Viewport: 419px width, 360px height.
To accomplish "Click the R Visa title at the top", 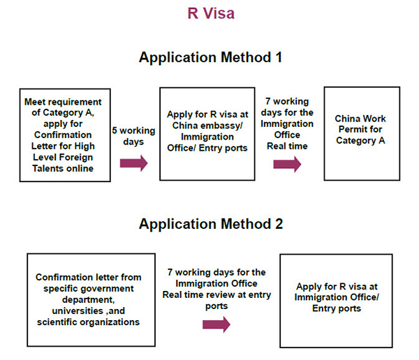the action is coord(211,13).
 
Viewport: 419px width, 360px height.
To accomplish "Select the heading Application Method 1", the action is coord(210,57).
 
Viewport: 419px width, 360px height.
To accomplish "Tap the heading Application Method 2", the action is coord(211,223).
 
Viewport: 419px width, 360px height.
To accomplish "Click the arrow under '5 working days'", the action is coord(133,163).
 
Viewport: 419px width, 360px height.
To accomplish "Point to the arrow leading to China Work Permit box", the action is coord(287,164).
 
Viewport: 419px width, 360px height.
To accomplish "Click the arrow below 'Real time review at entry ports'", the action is coord(216,324).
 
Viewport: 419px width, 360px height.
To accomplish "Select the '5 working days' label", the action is coord(133,136).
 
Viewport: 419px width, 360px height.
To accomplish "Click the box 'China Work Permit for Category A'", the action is coord(362,133).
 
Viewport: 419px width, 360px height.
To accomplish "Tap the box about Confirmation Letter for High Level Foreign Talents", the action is coord(65,135).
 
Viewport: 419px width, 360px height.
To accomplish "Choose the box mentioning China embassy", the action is coord(207,134).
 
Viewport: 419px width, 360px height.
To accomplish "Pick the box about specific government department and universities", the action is coord(91,300).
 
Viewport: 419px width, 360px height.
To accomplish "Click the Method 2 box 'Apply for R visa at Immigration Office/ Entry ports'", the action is coord(336,301).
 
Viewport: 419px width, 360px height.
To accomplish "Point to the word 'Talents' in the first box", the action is coord(47,169).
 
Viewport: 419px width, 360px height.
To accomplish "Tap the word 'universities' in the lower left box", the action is coord(78,311).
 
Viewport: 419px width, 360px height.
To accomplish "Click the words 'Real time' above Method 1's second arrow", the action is coord(287,146).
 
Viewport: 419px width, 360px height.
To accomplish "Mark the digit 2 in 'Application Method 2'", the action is coord(279,224).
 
